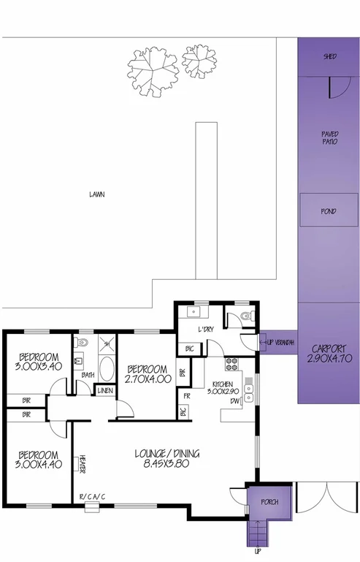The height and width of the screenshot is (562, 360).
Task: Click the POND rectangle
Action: click(x=329, y=211)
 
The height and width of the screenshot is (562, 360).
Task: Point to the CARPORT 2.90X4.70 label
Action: click(x=329, y=354)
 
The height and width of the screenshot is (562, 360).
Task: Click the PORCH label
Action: click(x=271, y=501)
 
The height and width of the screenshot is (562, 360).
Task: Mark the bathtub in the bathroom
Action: click(x=107, y=368)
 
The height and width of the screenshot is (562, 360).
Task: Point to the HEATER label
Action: click(x=83, y=463)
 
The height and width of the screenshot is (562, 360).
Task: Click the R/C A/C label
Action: click(x=93, y=498)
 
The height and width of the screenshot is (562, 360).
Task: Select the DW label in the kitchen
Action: click(x=235, y=401)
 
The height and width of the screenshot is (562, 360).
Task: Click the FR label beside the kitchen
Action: click(x=188, y=395)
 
